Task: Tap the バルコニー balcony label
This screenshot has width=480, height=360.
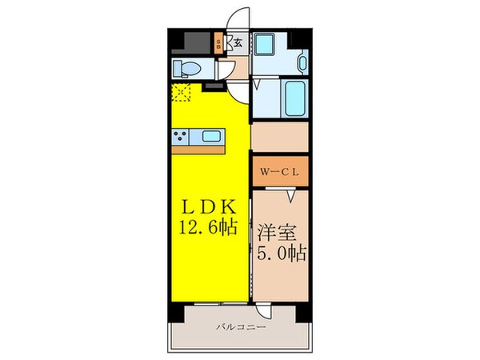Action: point(239,327)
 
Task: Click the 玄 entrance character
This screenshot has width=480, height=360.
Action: point(238,43)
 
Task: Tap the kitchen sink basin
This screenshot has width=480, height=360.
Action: point(212,136)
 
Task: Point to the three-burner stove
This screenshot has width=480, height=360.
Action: point(182,136)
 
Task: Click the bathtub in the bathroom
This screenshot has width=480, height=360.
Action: point(294,98)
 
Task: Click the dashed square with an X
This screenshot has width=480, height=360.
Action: point(182,94)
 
